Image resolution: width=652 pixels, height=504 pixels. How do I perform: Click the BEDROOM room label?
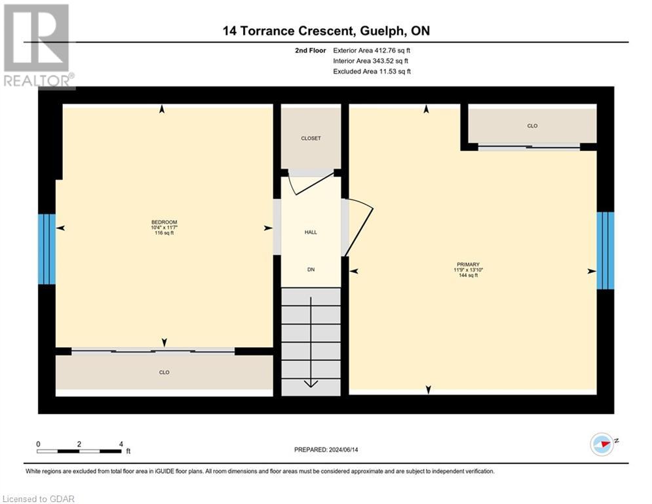tap(164, 222)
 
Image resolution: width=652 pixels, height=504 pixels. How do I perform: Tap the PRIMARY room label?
tap(467, 264)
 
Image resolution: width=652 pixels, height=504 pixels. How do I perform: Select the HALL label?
tap(311, 232)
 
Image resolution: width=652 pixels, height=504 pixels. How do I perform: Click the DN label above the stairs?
tap(311, 269)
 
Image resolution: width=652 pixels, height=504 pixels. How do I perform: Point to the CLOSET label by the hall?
tap(311, 138)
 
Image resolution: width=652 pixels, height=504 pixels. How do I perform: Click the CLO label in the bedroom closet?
tap(164, 373)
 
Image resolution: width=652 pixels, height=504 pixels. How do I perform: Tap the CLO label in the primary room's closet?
tap(532, 125)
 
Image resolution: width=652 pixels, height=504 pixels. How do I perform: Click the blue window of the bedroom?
tap(47, 249)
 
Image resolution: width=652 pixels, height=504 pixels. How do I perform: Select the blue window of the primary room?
tap(605, 251)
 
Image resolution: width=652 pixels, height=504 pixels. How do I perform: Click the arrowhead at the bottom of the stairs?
tap(311, 383)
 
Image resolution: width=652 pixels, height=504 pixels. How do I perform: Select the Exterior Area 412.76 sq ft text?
tap(371, 51)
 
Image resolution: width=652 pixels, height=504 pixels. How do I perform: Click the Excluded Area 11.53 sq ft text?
tap(371, 72)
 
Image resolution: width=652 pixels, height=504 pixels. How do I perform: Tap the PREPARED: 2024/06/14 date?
tap(327, 450)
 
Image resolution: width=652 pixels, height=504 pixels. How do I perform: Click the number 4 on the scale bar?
tap(121, 444)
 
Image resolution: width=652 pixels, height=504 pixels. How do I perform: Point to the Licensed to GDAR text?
tap(39, 499)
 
